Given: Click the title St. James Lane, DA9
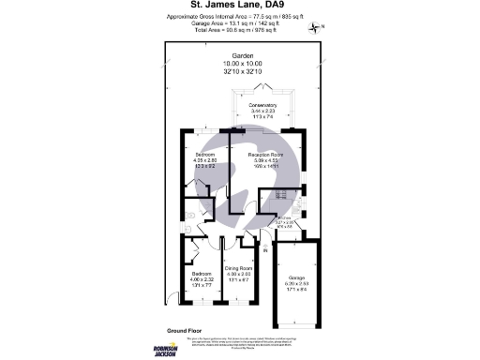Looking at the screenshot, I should click(239, 13).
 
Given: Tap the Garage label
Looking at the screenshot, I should click(295, 278).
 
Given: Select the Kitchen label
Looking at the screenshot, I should click(283, 217).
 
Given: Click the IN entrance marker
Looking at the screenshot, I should click(266, 248).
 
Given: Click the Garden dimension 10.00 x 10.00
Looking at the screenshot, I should click(239, 64).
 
